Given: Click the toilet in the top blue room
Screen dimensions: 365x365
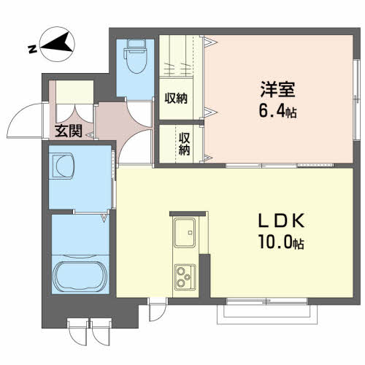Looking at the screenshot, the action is [136, 56].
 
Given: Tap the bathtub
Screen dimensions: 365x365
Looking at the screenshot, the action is [80, 277].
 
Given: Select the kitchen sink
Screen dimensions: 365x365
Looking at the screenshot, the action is [185, 233].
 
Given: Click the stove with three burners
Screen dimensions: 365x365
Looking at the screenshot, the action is [185, 277].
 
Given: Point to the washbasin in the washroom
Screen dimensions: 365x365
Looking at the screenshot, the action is [62, 166].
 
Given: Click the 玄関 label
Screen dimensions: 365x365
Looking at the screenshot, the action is [69, 131].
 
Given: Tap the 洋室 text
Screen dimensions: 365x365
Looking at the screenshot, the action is [278, 90].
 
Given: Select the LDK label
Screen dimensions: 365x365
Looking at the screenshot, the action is [281, 220].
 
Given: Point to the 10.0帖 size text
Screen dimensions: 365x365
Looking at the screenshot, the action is [281, 242].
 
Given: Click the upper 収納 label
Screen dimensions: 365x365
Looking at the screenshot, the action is [176, 99].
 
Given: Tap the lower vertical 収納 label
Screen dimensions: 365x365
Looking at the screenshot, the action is [184, 144].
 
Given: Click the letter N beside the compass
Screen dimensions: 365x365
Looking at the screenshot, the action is [32, 50].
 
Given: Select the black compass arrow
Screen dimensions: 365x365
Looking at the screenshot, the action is [58, 43].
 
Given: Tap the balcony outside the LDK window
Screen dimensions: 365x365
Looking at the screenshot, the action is [267, 314].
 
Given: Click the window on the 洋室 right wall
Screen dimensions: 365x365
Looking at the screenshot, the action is [357, 99].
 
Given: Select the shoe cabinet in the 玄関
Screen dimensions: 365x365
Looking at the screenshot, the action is [74, 92].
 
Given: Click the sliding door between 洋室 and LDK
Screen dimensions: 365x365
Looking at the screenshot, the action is [280, 166].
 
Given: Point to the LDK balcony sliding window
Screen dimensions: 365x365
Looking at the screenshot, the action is [267, 301].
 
